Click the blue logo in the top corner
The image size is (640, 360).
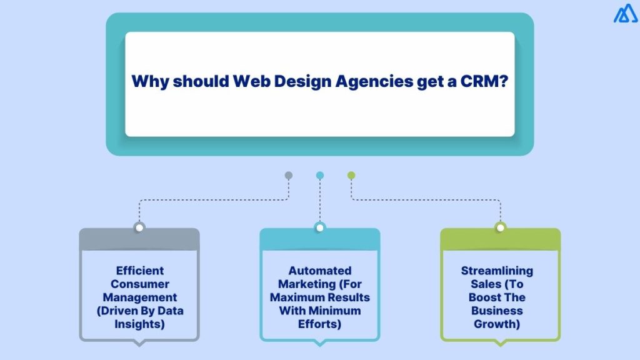coord(626,13)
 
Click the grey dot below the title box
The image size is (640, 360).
coord(288,176)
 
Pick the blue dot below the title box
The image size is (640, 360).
coord(320,176)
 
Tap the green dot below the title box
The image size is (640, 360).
coord(351,176)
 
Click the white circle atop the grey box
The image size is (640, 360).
coord(139,227)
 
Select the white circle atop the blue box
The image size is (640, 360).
coord(320,227)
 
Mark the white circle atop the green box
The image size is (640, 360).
coord(500,227)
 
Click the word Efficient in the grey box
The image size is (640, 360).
coord(140,271)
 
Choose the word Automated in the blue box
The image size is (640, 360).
coord(320,271)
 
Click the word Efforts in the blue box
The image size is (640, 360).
coord(320,324)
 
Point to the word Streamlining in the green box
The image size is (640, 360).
coord(497,271)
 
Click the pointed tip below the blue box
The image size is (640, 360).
coord(320,343)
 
